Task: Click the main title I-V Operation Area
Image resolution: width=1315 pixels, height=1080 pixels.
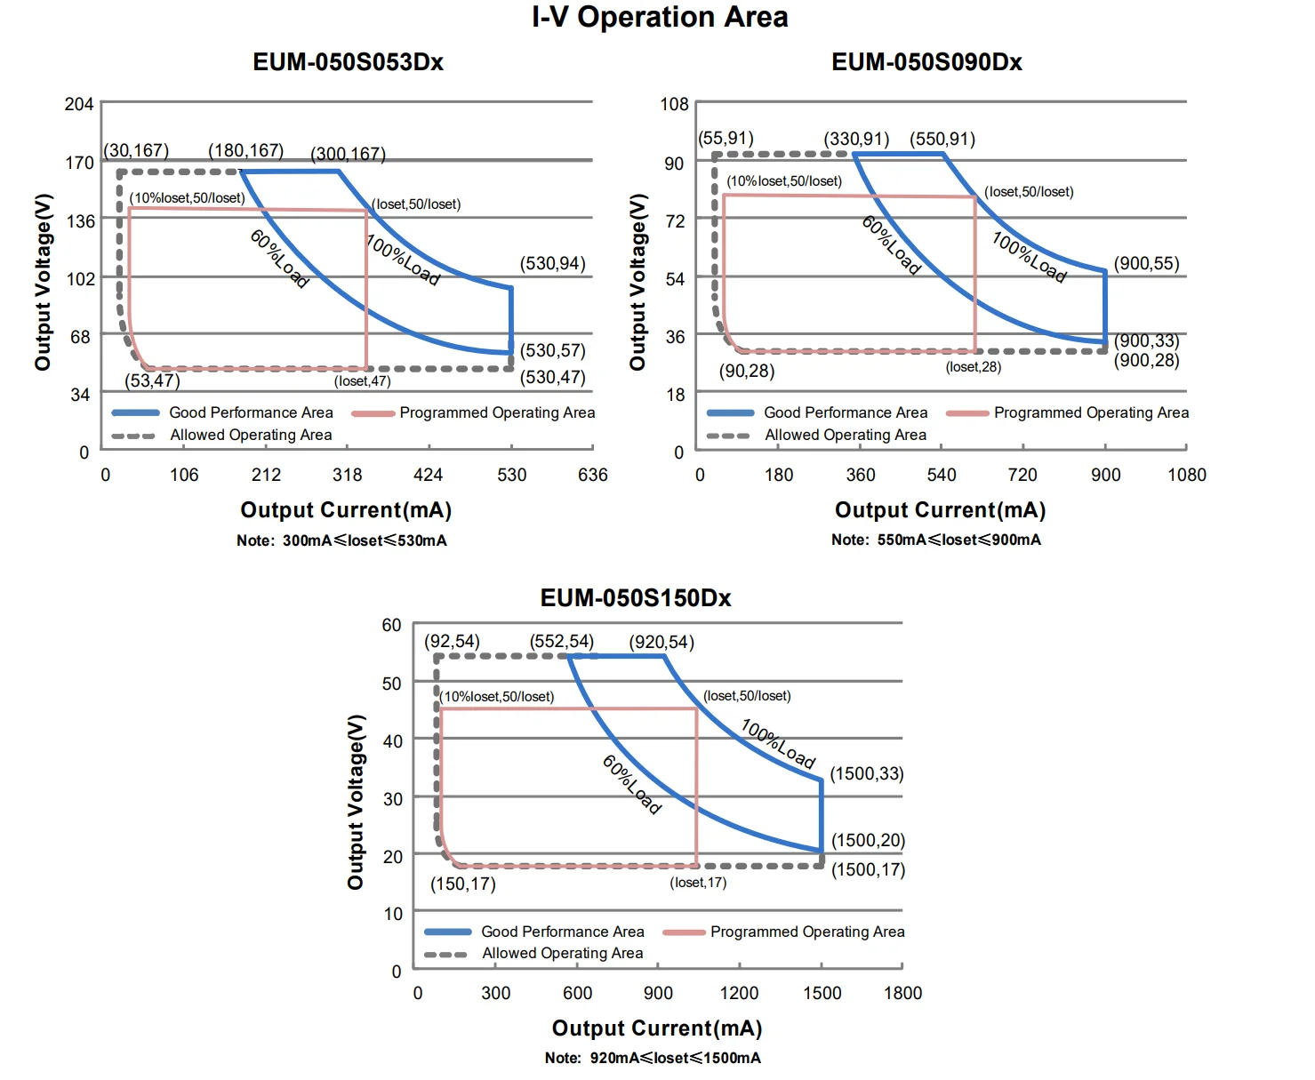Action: [x=660, y=18]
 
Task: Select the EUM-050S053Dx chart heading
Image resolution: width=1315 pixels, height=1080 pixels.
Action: [x=348, y=62]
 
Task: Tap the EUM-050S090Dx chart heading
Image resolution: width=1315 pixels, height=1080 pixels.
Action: [x=926, y=62]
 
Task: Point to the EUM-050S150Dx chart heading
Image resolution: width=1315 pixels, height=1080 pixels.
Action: [x=636, y=598]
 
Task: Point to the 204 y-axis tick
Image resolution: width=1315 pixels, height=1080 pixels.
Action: [x=79, y=105]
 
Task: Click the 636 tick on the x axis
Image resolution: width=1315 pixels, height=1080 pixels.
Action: [x=593, y=476]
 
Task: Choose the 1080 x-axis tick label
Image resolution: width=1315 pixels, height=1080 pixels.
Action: [x=1187, y=476]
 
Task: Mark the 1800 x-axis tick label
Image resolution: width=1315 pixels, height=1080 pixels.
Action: [x=902, y=994]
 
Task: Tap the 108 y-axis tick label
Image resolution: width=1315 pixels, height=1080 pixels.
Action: [x=674, y=105]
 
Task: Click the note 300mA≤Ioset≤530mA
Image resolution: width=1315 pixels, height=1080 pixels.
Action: [x=341, y=540]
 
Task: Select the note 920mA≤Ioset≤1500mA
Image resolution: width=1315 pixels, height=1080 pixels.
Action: [x=653, y=1058]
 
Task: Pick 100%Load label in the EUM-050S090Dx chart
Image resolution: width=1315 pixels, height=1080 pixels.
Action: [x=1029, y=257]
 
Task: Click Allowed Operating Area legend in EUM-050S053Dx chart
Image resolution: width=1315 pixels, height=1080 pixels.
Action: [x=251, y=436]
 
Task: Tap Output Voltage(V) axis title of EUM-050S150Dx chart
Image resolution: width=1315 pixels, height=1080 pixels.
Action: [x=357, y=802]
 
